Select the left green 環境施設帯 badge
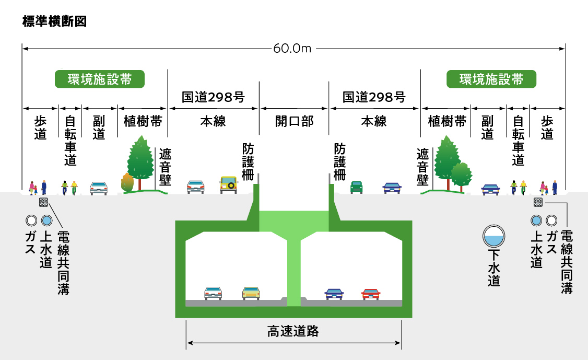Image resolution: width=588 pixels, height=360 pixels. pos(99,79)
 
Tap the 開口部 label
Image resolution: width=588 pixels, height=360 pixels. pos(294,121)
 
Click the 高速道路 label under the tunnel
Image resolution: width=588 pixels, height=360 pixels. pos(293,331)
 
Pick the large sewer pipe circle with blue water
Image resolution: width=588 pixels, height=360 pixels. pos(494,236)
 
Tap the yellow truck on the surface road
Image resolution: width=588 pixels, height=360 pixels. pos(229,184)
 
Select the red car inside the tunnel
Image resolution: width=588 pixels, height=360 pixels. pos(371,294)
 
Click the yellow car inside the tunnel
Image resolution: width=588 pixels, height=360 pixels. pos(251,293)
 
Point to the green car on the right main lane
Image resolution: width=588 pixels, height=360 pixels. pos(356,187)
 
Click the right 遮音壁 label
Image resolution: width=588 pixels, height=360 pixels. pos(422,166)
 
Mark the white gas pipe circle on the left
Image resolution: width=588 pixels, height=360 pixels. pos(31,219)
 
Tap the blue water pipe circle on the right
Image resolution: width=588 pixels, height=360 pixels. pos(536,220)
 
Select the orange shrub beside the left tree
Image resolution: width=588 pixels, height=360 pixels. pos(127,182)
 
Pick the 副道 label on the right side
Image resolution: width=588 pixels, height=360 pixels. pos(487,127)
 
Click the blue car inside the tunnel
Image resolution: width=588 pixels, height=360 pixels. pos(334,294)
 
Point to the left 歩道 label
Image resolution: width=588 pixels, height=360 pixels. pos(40,127)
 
